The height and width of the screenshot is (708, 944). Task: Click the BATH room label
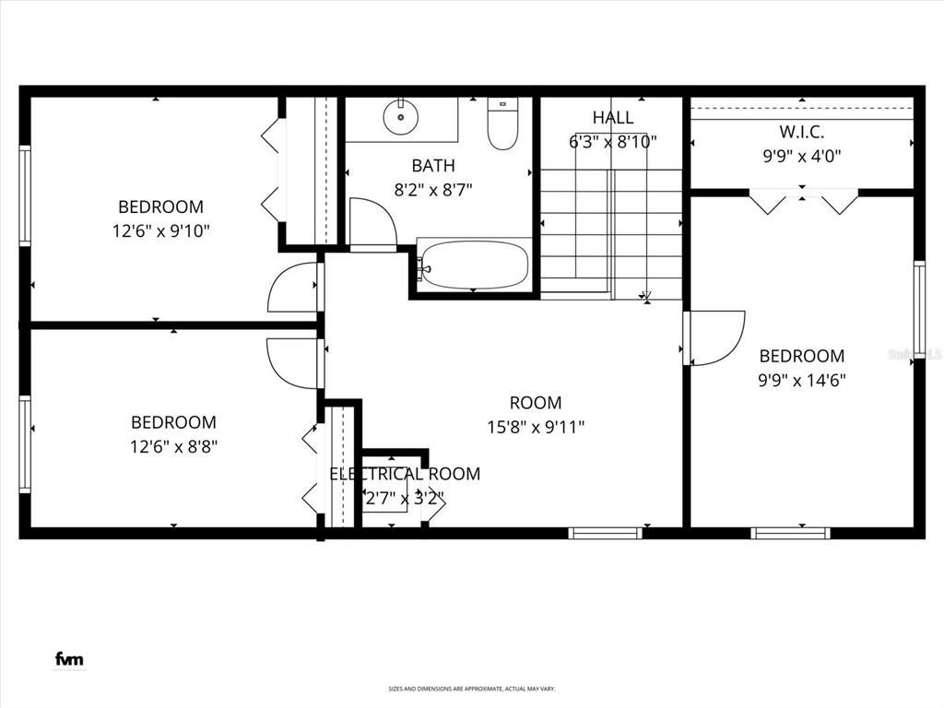[433, 166]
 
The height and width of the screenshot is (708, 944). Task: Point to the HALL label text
[613, 118]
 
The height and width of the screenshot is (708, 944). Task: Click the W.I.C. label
[802, 132]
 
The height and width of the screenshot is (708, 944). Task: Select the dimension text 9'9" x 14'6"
[802, 379]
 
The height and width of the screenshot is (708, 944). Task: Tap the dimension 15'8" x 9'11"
[536, 427]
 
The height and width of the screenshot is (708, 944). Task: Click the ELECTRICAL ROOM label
[406, 474]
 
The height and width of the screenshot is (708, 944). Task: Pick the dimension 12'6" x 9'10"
[161, 230]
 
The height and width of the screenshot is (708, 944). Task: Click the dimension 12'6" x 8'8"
[174, 446]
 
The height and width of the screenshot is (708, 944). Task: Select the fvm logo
[69, 659]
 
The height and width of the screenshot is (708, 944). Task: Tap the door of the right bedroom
[714, 338]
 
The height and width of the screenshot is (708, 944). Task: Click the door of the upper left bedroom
[293, 288]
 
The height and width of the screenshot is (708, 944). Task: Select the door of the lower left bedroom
[293, 361]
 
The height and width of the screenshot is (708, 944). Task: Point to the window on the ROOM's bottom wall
[606, 533]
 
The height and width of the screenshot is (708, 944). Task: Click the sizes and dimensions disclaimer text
[471, 689]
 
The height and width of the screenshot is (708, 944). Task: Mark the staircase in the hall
[610, 230]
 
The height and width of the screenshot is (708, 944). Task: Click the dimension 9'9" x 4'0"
[802, 157]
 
